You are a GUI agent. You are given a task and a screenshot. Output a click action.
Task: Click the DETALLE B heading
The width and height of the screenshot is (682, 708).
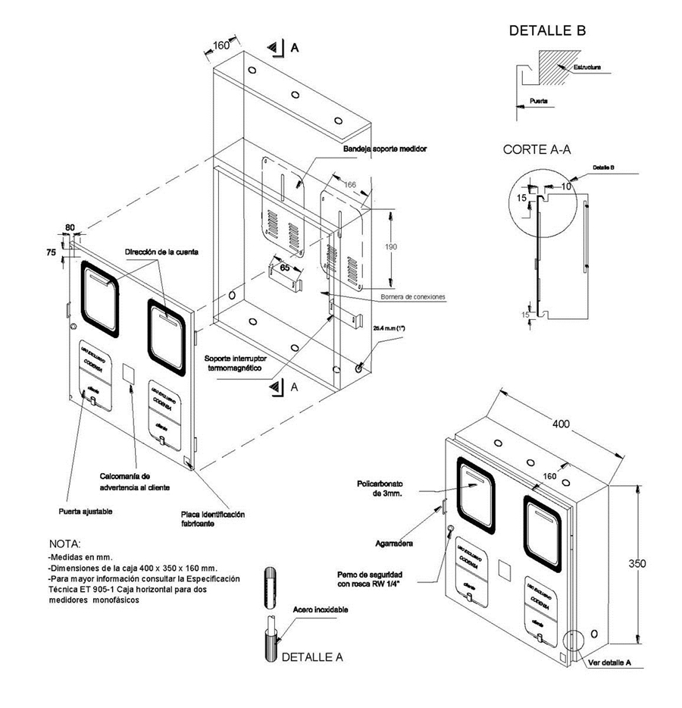547,31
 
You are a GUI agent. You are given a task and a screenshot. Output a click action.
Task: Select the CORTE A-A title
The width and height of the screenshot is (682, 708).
537,149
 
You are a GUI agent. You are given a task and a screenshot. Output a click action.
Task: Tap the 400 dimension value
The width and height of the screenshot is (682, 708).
562,424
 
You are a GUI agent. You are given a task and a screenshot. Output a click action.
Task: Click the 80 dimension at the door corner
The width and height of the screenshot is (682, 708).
70,227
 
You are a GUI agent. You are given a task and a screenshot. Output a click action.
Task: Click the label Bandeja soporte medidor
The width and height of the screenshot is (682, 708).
385,149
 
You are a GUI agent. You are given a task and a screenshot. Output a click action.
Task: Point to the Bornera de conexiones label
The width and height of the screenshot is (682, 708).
413,296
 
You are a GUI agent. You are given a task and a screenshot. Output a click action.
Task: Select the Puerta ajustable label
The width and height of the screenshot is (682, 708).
85,512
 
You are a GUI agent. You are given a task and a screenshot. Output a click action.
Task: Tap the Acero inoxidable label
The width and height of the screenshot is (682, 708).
321,609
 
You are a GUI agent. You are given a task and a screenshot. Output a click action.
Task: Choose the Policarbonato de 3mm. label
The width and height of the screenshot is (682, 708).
387,488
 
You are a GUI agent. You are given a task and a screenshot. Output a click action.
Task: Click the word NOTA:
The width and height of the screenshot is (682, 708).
64,544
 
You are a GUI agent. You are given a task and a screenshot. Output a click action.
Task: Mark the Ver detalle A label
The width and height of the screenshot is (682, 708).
610,662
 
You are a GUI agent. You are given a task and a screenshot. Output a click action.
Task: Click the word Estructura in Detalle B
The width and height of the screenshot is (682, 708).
587,67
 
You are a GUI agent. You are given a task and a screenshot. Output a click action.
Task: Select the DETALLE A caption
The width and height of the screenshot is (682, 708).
312,657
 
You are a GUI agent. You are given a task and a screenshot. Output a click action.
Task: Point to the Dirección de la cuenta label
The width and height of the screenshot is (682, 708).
162,252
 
